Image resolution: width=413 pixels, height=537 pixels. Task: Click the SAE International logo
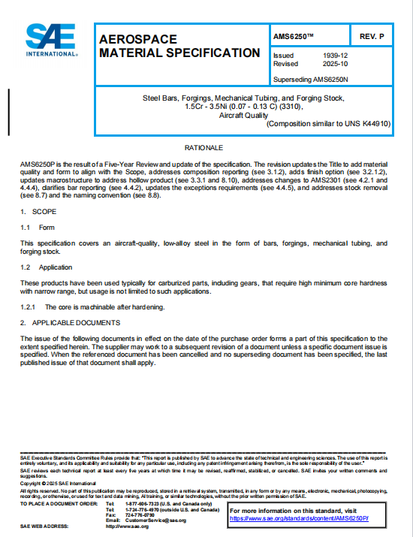click(x=51, y=41)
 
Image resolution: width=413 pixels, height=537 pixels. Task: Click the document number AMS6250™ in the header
click(x=294, y=36)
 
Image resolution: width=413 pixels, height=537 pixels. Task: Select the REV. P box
click(x=372, y=36)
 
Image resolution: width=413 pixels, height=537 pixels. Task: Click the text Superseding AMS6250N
click(x=310, y=78)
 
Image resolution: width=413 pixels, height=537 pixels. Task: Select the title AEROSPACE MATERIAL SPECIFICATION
click(x=179, y=46)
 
